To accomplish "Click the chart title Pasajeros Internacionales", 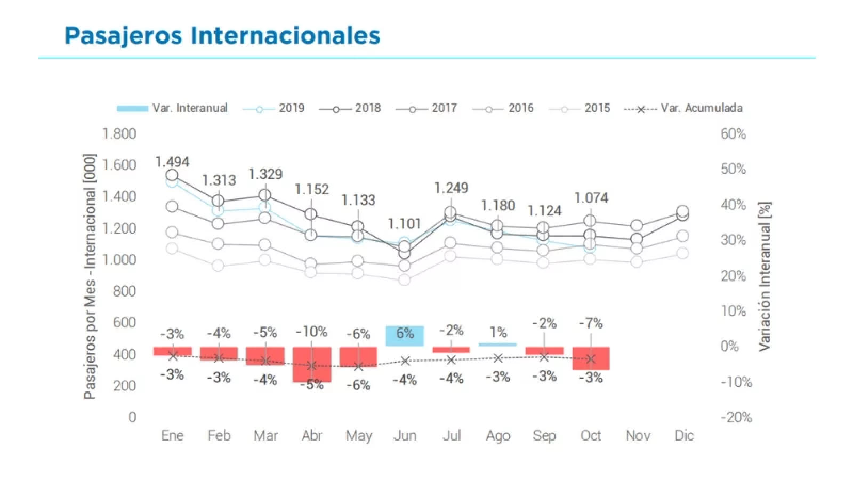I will (x=222, y=35).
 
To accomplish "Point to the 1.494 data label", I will (x=172, y=162).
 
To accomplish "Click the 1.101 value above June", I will (x=404, y=223).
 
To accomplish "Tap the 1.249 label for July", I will (x=451, y=188).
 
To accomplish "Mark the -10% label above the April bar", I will (x=311, y=332).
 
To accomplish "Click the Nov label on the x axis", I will (x=638, y=436).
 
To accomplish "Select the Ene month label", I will (x=172, y=436).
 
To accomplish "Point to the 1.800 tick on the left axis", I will (x=119, y=134).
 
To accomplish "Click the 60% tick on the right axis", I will (x=733, y=134).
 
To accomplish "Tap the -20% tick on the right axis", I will (x=736, y=417).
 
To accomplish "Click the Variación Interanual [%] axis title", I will (x=765, y=276).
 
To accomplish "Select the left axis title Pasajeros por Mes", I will (x=90, y=276).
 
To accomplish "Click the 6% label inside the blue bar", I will (x=405, y=333).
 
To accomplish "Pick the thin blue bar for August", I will (x=497, y=345).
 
